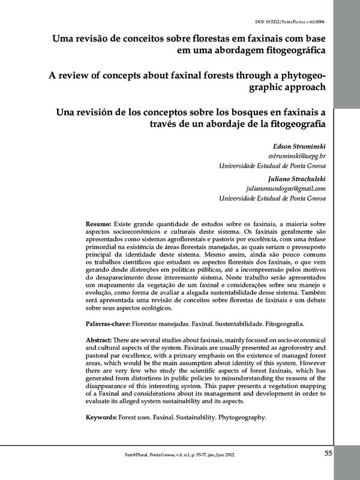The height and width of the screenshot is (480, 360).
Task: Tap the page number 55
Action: (328, 453)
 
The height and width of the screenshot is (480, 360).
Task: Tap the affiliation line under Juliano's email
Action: (272, 199)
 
